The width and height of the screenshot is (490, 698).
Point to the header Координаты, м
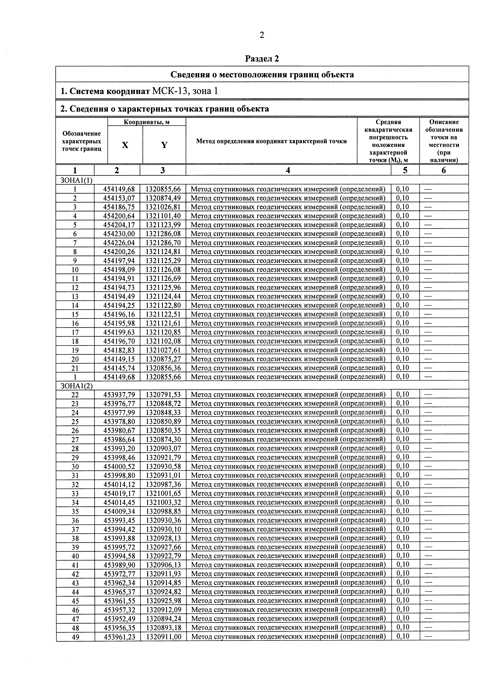[146, 122]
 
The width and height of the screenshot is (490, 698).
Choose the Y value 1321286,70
[163, 243]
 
